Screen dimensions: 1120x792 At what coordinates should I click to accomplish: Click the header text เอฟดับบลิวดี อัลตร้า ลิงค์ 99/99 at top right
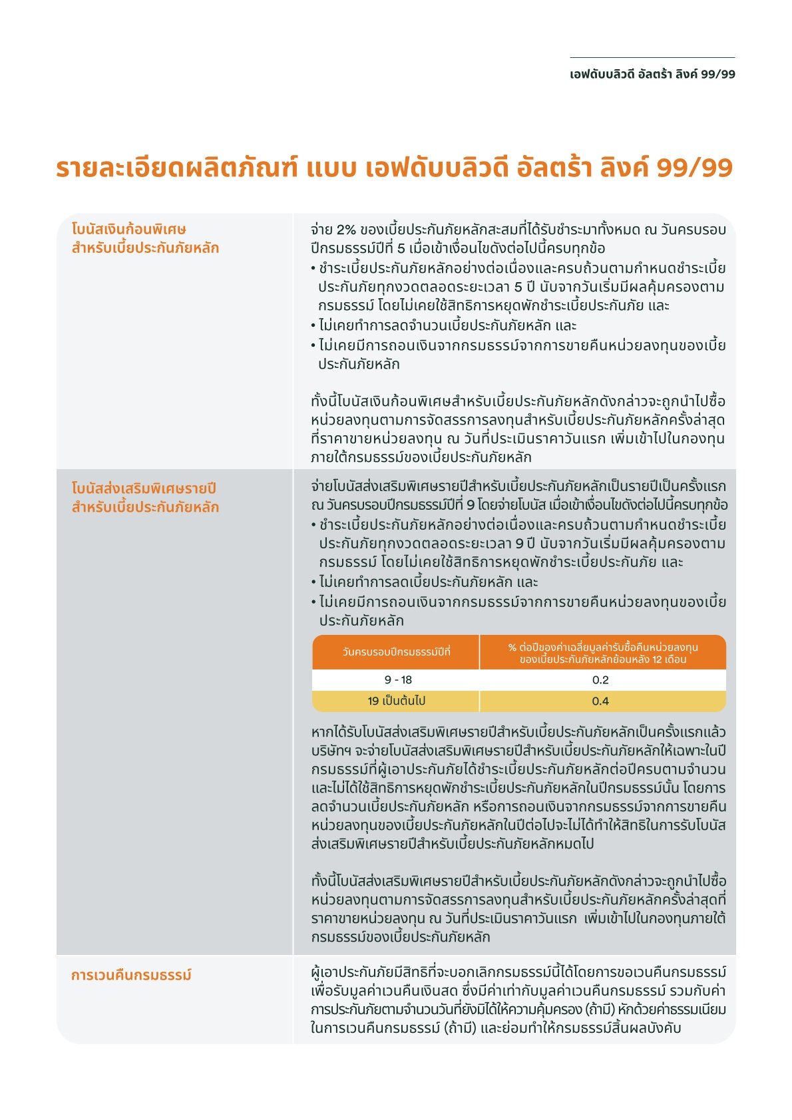(652, 74)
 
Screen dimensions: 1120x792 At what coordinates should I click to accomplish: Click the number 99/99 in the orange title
(694, 168)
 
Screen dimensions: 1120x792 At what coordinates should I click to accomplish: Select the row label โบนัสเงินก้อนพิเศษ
(128, 230)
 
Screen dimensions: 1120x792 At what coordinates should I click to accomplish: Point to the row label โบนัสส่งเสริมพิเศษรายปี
(144, 488)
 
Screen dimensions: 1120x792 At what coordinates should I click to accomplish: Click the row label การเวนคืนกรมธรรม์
(131, 975)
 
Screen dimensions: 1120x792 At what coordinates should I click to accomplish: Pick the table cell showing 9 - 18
(398, 679)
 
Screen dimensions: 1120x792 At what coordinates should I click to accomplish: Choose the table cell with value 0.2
(600, 679)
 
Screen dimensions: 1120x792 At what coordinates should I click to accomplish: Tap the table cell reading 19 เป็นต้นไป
(396, 701)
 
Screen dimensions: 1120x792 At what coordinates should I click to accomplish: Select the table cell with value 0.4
(600, 701)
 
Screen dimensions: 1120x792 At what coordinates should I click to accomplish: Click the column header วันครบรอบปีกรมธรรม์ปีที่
(396, 652)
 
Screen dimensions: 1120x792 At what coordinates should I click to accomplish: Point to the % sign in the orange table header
(512, 647)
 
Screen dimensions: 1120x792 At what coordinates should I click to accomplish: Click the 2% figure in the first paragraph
(346, 230)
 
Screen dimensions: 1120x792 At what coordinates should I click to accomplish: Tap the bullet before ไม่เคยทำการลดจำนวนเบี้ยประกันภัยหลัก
(313, 326)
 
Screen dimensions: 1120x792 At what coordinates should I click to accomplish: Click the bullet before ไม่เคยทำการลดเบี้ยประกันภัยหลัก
(313, 582)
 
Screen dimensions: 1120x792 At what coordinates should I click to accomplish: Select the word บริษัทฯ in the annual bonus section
(331, 751)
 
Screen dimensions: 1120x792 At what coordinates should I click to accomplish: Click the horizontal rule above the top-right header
(652, 58)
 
